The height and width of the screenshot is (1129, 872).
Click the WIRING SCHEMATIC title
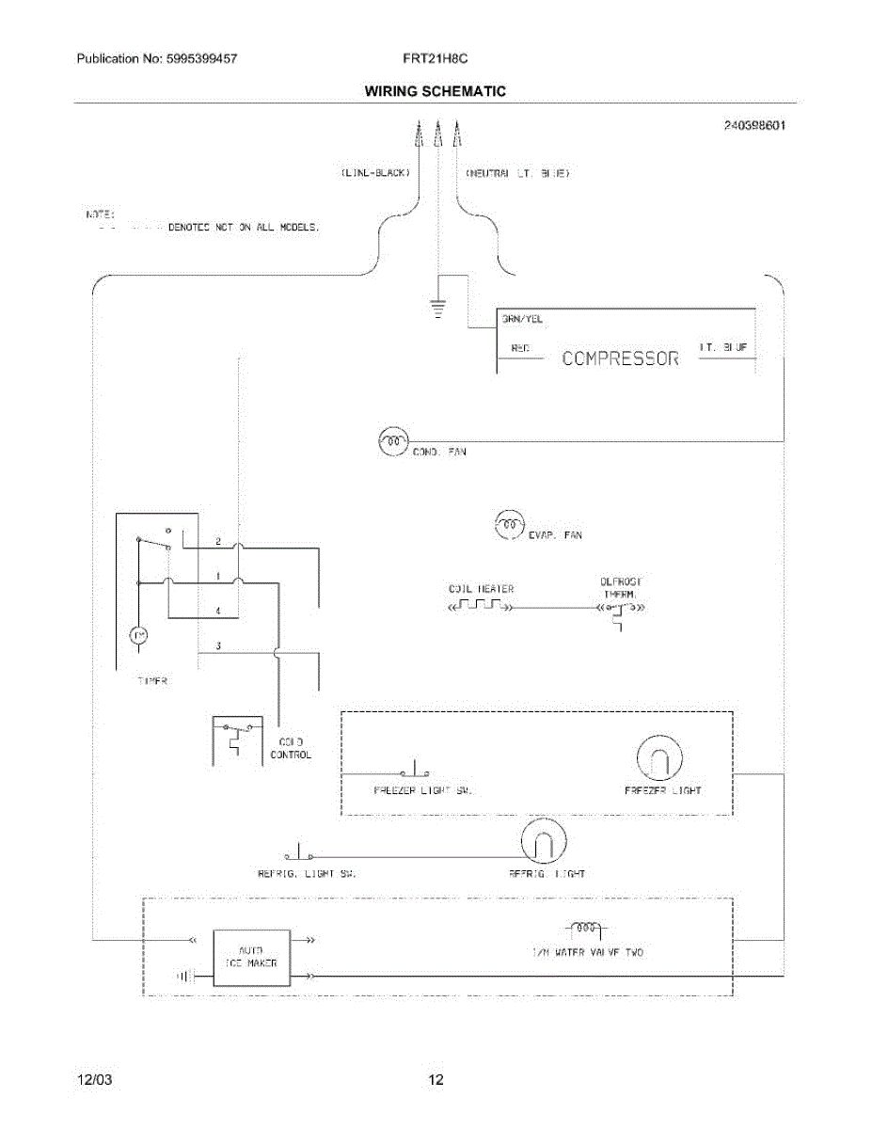pyautogui.click(x=435, y=91)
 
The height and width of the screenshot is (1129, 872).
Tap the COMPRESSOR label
pyautogui.click(x=620, y=358)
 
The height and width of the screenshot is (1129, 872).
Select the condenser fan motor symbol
pyautogui.click(x=392, y=440)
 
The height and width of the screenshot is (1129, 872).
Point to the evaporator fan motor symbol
pyautogui.click(x=508, y=523)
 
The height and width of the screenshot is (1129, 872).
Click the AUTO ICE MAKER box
pyautogui.click(x=251, y=957)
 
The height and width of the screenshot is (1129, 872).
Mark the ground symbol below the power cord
pyautogui.click(x=437, y=308)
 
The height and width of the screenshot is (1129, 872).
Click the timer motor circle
pyautogui.click(x=138, y=637)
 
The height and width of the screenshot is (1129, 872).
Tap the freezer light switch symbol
pyautogui.click(x=414, y=769)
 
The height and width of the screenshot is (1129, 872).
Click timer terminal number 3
pyautogui.click(x=218, y=646)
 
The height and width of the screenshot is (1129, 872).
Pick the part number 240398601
pyautogui.click(x=754, y=124)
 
